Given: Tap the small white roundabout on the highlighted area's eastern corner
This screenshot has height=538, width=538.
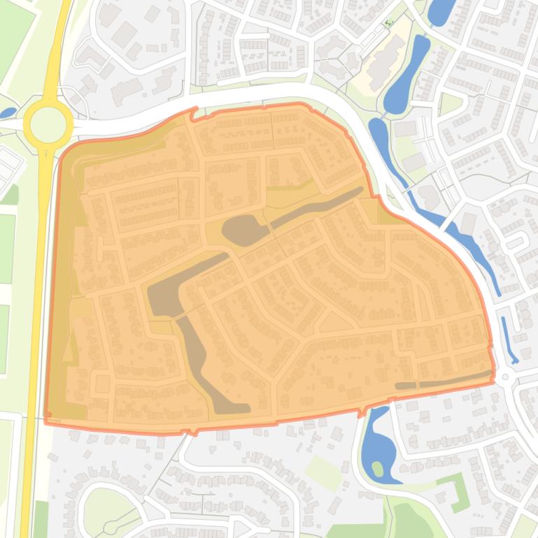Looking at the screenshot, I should (505, 377).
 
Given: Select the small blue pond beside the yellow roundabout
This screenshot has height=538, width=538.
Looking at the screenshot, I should (8, 112).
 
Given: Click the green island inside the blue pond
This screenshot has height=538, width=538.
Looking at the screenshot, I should (378, 467).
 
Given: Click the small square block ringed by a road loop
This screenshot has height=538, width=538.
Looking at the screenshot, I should (103, 384).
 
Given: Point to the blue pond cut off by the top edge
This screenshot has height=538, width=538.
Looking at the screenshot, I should (441, 10).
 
